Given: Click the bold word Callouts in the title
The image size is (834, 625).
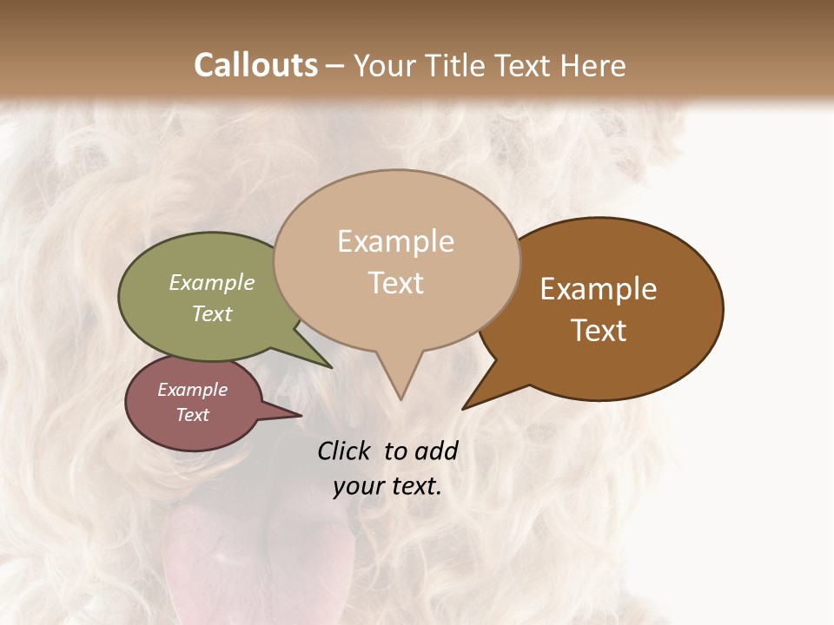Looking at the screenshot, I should [255, 65].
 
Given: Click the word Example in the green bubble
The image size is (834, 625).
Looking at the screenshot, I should [212, 283].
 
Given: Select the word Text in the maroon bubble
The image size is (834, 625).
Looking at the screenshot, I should [193, 415].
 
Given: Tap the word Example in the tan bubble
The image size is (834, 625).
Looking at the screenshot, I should [396, 241].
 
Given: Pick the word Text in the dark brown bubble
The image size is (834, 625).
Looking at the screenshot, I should [599, 331].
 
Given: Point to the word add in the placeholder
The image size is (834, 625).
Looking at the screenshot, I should [436, 451].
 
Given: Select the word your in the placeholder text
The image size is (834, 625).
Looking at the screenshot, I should [358, 486].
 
